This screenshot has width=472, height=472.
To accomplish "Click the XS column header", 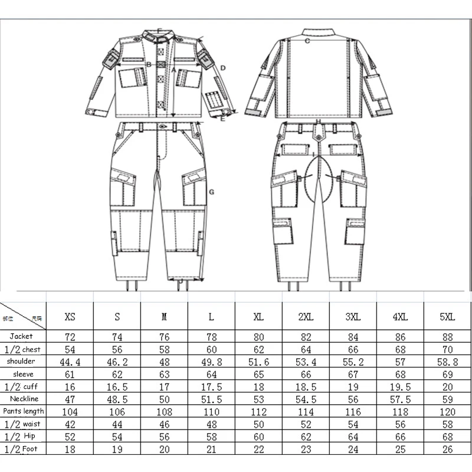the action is [70, 317].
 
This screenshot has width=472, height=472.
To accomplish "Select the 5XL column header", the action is [447, 317].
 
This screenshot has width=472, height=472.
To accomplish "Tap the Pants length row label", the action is [23, 411].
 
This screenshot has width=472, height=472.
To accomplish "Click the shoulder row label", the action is [21, 360].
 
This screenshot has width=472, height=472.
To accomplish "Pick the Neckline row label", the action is [24, 398].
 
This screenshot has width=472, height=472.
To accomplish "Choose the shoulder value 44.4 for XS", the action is [70, 361].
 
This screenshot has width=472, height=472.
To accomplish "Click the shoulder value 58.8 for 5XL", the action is [447, 361].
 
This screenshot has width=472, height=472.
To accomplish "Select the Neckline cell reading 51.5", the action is [211, 399].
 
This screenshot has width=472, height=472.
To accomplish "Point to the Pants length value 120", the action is [447, 411].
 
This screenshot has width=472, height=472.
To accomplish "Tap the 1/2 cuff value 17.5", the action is [211, 386].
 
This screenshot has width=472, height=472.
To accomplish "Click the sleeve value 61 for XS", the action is [70, 373].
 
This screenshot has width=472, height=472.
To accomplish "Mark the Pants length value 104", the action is [70, 411].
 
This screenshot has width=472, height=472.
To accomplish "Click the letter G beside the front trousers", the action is [211, 192].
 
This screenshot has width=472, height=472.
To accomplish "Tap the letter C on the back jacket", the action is [307, 41].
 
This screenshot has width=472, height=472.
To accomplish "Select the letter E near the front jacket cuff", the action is [222, 119].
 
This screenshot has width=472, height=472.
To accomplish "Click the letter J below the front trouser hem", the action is [179, 282].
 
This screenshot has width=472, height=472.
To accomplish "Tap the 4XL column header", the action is [400, 317].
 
